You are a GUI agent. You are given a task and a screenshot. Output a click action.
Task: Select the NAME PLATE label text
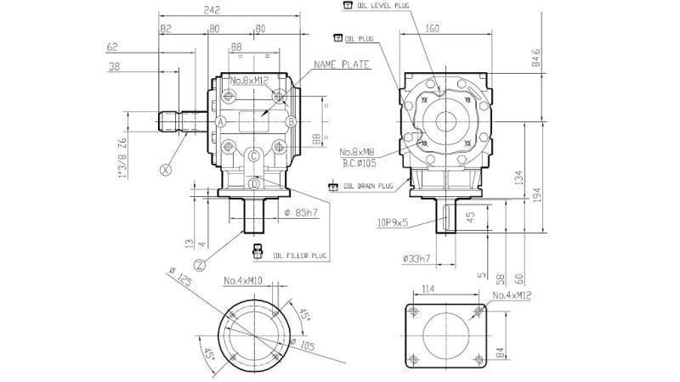[x=342, y=65]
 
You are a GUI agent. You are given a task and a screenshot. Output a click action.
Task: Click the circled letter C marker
[x=255, y=155]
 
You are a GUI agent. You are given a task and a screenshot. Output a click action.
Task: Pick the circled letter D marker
[x=255, y=183]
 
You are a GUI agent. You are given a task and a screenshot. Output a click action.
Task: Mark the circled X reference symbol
[x=166, y=169]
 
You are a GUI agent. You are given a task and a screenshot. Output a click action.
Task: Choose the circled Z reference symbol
[x=199, y=265]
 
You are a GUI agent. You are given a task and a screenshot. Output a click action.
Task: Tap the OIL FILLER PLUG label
[x=299, y=255]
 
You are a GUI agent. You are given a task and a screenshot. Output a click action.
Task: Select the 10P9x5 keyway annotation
[x=394, y=224]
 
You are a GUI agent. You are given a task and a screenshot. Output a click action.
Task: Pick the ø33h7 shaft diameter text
[x=416, y=258]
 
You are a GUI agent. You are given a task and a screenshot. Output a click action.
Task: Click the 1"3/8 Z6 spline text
[x=122, y=159]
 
